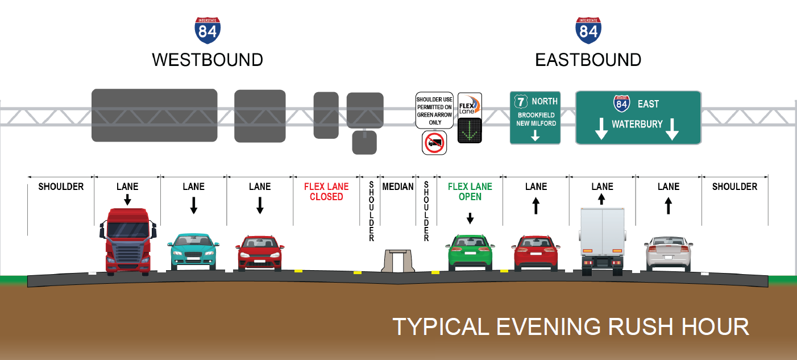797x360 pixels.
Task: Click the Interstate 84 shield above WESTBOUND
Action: point(207,31)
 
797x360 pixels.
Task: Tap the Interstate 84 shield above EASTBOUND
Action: point(588,31)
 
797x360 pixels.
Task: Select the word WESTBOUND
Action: point(207,60)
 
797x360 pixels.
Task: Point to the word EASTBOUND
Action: point(588,60)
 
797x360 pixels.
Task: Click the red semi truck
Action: point(128,242)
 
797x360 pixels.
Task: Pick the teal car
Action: point(193,251)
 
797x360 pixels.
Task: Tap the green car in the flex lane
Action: point(470,252)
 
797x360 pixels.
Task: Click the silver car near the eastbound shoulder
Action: point(668,253)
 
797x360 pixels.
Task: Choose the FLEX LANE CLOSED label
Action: point(326,192)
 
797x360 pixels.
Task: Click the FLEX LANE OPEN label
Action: point(470,192)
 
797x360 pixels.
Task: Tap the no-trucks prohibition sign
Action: point(435,143)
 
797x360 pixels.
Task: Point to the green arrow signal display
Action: point(470,131)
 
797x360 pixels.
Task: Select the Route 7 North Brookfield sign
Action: point(535,118)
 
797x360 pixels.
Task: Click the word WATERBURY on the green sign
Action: point(637,125)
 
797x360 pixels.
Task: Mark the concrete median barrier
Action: point(398,262)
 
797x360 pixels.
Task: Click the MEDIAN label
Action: point(398,187)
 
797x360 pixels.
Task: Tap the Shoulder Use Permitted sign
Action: point(434,110)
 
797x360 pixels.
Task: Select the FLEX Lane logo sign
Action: point(470,105)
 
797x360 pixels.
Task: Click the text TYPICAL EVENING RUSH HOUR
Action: point(571,327)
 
